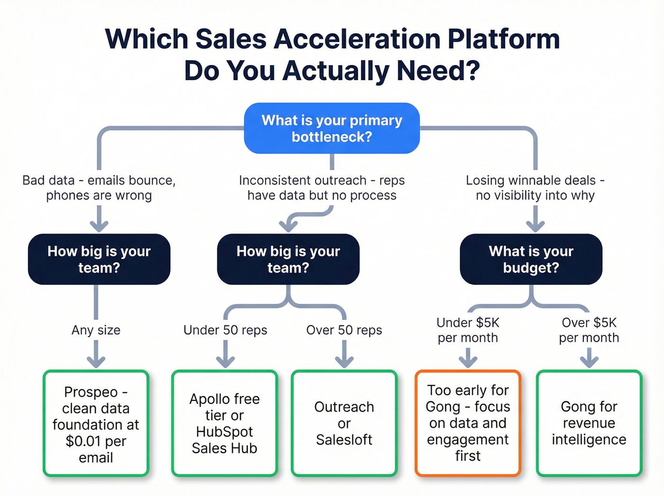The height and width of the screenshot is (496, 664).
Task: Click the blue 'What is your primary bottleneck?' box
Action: pos(332,128)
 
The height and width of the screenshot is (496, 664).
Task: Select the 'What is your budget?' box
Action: pos(531,259)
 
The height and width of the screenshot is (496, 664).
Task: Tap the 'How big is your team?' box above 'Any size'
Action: pos(99,259)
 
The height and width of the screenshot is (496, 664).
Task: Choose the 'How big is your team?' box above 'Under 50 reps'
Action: pos(288,259)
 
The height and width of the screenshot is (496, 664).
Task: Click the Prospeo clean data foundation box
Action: pos(96,423)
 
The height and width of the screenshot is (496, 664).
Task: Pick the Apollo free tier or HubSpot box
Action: pos(224,423)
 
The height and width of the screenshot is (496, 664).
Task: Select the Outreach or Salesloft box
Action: pos(344,423)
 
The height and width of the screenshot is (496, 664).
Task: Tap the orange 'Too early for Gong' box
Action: pos(468,423)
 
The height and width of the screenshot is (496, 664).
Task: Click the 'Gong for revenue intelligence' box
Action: pos(589,423)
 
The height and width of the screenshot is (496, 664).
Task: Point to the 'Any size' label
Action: pos(96,330)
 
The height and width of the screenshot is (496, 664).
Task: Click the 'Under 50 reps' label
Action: pos(225,330)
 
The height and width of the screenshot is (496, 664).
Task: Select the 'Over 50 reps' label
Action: pos(344,330)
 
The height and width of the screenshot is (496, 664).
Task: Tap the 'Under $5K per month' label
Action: pos(468,330)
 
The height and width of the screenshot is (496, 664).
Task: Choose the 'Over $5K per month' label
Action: pos(589,330)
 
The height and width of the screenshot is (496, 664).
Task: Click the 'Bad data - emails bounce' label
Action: pos(99,188)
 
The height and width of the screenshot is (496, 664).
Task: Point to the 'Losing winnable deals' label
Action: pos(535,188)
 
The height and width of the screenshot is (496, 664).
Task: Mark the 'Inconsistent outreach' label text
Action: pos(322,188)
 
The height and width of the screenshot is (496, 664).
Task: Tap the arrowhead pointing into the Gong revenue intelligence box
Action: pos(589,363)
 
